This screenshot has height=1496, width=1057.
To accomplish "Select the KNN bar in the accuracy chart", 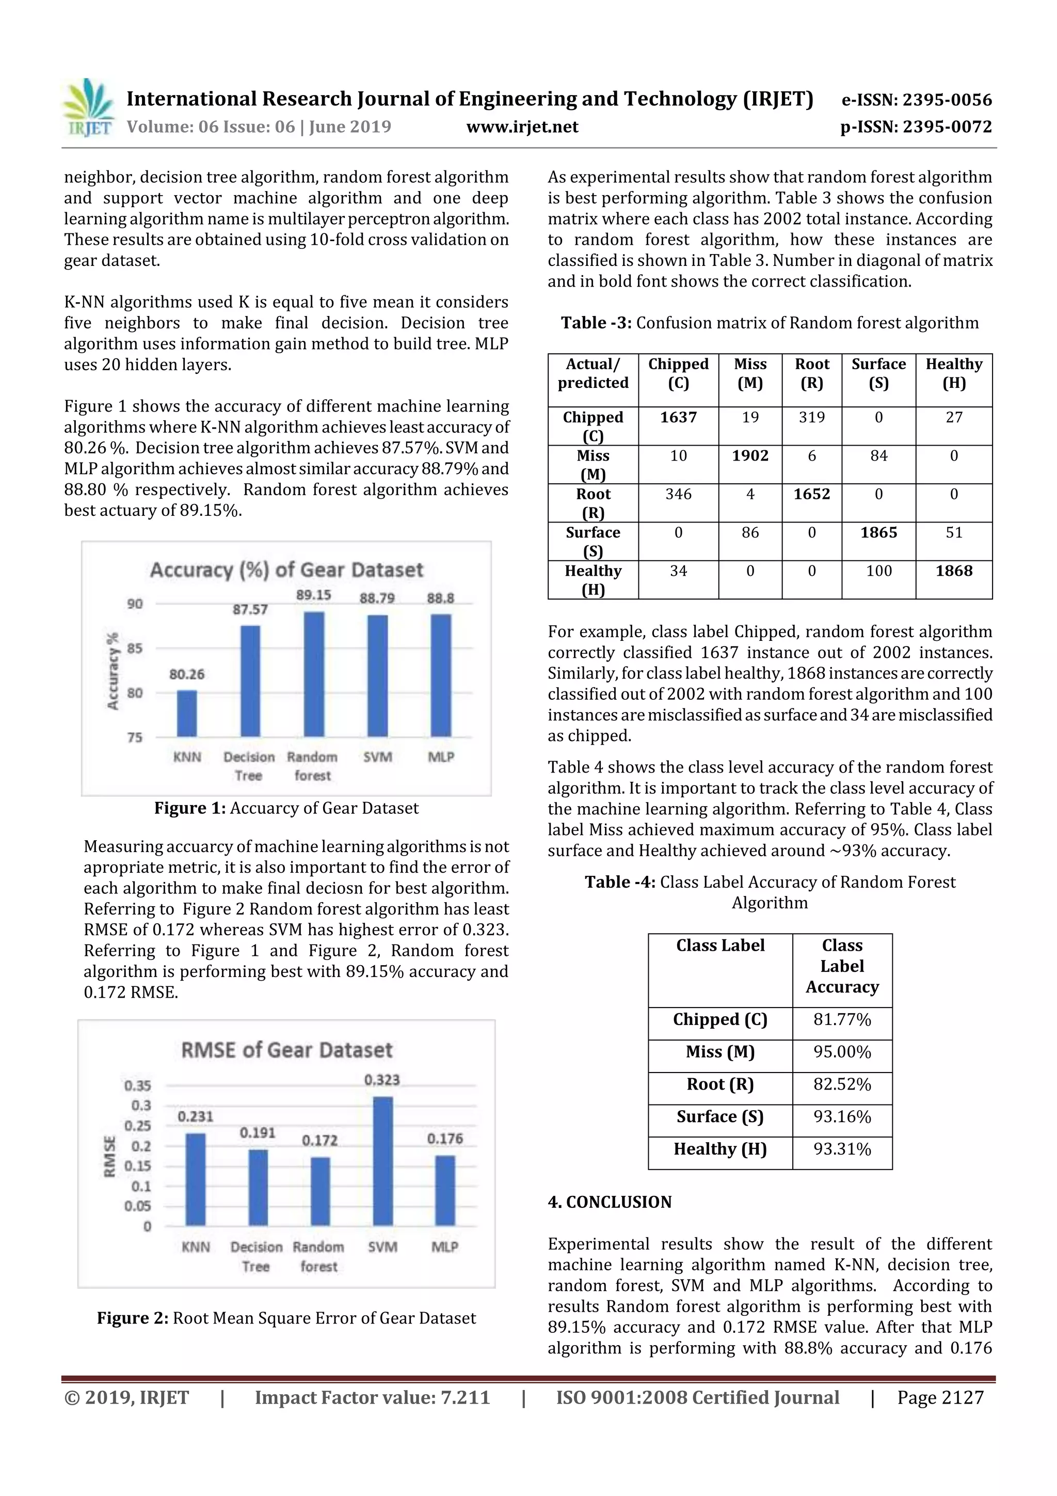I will [187, 714].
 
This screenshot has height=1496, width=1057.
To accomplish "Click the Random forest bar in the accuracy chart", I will [314, 674].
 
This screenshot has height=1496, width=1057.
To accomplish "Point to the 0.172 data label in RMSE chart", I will [320, 1140].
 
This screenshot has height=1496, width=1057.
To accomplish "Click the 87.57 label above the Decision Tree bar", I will [250, 609].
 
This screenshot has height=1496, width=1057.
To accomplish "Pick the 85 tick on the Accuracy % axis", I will [135, 648].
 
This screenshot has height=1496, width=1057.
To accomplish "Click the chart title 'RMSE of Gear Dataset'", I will [286, 1050].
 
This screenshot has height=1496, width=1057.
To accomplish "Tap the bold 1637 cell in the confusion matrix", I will [678, 418].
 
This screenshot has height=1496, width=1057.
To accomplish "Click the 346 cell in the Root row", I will [678, 495].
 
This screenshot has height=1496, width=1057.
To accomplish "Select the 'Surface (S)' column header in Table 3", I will [878, 373].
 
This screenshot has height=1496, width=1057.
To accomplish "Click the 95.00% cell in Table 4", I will [841, 1051].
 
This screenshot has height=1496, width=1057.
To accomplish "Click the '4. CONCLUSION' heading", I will [610, 1202].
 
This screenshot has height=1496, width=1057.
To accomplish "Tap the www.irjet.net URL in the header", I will [522, 127].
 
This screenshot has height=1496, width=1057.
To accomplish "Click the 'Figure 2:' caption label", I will [133, 1318].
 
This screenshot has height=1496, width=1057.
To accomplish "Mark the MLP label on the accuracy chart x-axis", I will [441, 757].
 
